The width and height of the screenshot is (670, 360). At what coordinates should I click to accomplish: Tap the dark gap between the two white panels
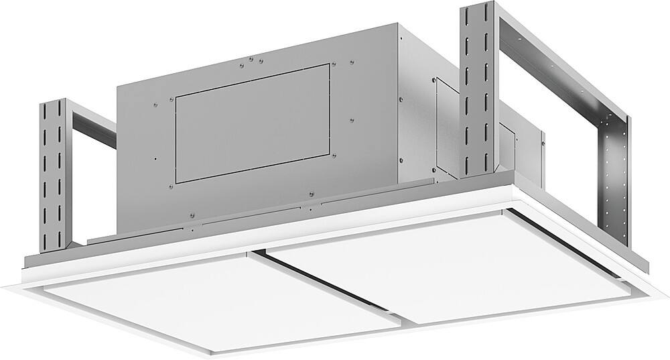pos(328,282)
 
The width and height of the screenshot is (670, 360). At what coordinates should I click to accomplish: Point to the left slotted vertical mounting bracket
pos(54,174)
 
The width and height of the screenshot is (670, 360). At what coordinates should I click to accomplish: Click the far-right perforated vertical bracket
pos(616,181)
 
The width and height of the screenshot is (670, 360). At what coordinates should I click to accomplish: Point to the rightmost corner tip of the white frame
pos(667,295)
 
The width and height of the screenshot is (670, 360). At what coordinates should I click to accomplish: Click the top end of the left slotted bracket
pos(53,102)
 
